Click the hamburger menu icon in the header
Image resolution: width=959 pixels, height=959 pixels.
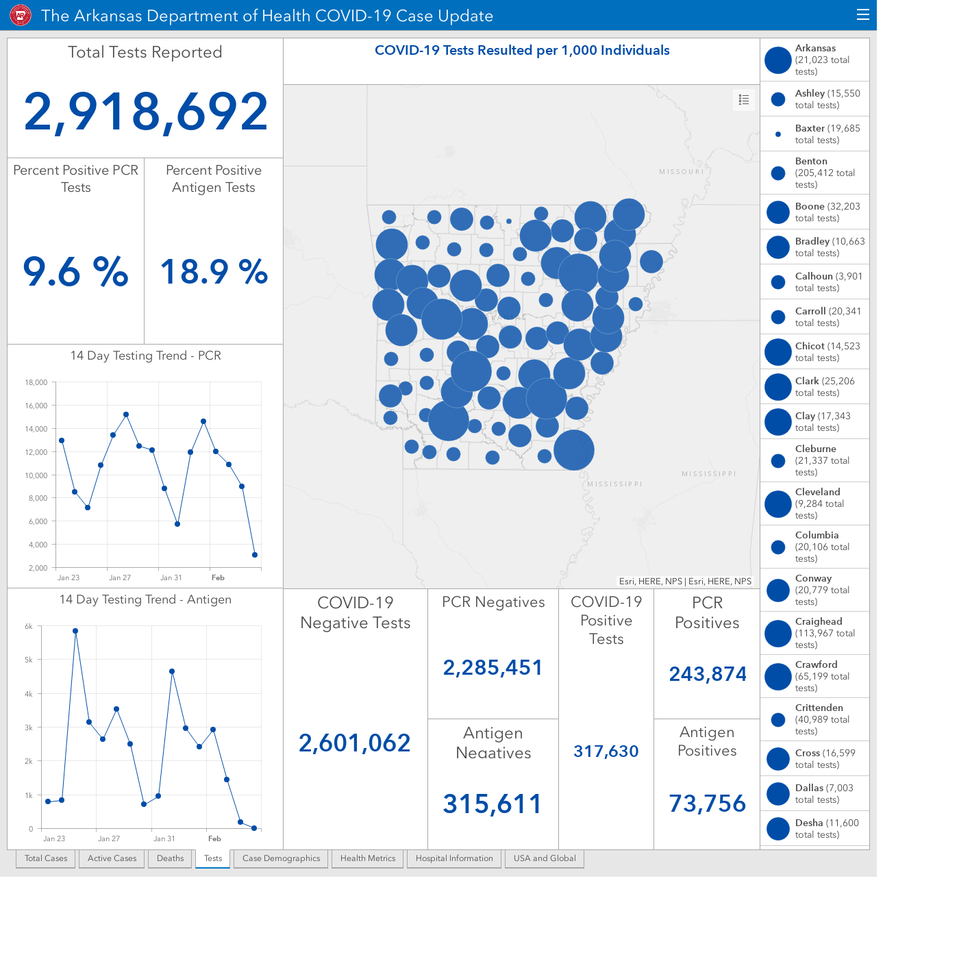tap(862, 15)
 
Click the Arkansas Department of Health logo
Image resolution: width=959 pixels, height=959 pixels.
tap(21, 16)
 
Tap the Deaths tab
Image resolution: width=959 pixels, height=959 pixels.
tap(170, 858)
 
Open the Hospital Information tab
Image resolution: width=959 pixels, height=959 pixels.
tap(454, 858)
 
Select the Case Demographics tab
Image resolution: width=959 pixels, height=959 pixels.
tap(281, 858)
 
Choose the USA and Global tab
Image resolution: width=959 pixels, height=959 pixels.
tap(545, 858)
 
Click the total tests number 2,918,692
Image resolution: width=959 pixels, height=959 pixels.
tap(146, 112)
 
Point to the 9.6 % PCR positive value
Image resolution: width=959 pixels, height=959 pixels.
tap(75, 272)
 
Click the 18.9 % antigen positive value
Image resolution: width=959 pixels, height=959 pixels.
tap(214, 272)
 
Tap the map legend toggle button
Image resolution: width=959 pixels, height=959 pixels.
tap(743, 100)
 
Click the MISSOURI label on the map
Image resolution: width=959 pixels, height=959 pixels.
tap(682, 172)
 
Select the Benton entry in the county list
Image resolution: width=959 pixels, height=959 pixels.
tap(814, 173)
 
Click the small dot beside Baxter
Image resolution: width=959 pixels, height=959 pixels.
tap(778, 134)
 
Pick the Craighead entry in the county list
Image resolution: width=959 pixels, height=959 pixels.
tap(814, 633)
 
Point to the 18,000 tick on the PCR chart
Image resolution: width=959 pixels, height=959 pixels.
tap(36, 382)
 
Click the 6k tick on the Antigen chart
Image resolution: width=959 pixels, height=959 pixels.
tap(28, 626)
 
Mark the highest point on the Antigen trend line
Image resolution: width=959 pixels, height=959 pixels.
tap(75, 631)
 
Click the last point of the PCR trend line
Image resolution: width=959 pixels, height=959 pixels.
tap(255, 555)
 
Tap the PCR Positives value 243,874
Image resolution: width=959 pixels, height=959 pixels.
tap(707, 674)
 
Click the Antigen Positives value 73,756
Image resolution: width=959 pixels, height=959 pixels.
tap(707, 804)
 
